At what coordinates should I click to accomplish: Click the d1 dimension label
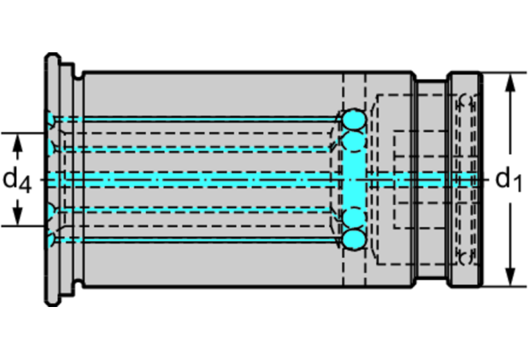tap(509, 180)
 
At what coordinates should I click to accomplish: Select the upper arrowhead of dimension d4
tap(19, 140)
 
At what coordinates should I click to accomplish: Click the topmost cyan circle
tap(354, 120)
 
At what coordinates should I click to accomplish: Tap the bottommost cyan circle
tap(354, 240)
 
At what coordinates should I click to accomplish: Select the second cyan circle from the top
tap(354, 143)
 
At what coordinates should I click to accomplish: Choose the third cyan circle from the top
tap(354, 216)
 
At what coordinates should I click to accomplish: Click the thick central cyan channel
tap(207, 180)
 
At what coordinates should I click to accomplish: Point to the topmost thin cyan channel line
tap(207, 119)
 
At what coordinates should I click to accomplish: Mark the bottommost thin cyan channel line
tap(207, 240)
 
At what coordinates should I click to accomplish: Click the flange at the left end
tap(52, 179)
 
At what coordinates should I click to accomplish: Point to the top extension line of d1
tap(503, 72)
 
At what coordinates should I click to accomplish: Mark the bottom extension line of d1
tap(503, 287)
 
